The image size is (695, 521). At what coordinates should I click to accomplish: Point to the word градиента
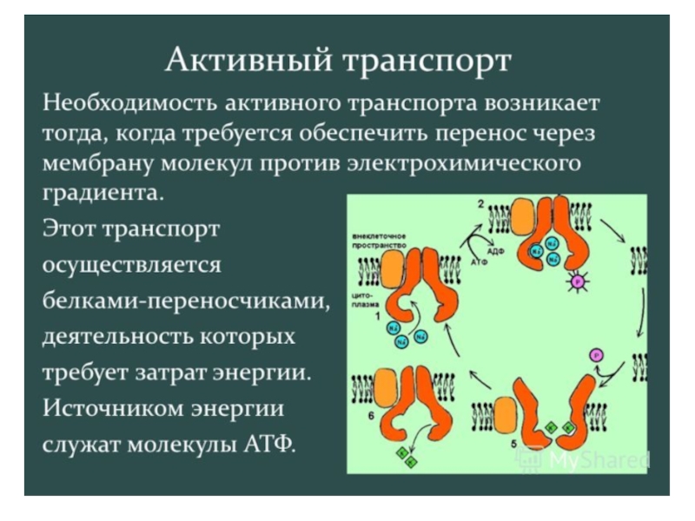(103, 192)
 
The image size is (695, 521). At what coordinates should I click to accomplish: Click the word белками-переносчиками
(186, 300)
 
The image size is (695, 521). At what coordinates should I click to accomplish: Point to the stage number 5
(513, 444)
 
